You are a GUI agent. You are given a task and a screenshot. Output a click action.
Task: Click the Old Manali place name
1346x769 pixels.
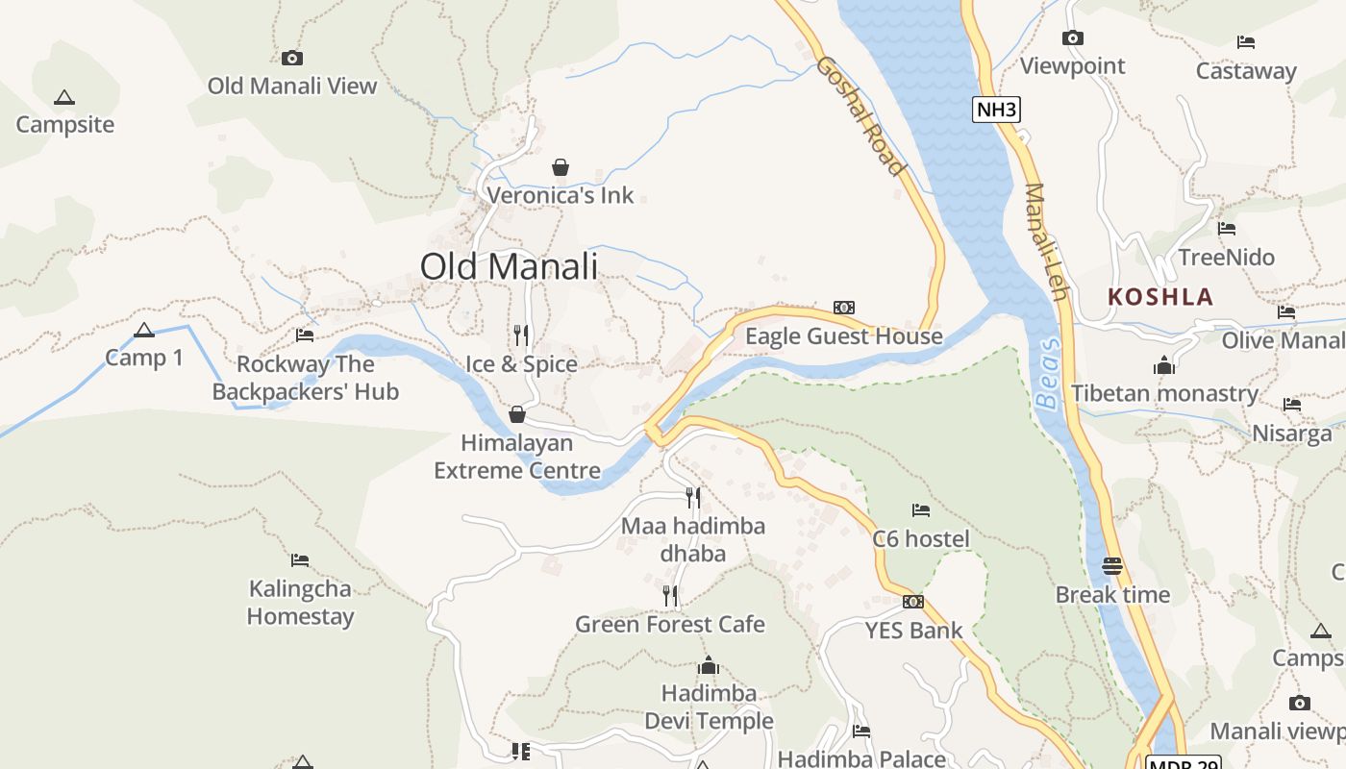point(509,266)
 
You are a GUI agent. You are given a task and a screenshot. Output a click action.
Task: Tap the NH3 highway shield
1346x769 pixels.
point(995,110)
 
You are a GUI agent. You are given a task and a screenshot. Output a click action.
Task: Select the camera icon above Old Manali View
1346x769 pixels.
point(292,58)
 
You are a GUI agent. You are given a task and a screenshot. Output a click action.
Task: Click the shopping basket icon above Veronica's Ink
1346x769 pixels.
point(561,167)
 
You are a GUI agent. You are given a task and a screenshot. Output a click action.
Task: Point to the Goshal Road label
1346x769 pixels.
point(860,116)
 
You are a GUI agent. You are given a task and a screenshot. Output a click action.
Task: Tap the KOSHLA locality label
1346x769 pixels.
point(1160,296)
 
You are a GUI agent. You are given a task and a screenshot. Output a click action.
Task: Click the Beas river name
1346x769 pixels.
point(1049,374)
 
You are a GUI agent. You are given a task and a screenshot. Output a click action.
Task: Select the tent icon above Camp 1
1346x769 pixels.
point(144,331)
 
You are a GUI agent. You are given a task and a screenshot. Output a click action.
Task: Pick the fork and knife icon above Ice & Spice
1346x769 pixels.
point(521,335)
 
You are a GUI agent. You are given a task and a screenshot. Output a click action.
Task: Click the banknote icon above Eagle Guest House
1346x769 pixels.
point(844,308)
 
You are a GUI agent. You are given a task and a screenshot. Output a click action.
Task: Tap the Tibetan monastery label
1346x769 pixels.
point(1165,393)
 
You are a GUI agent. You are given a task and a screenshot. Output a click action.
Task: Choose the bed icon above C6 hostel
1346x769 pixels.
point(921,509)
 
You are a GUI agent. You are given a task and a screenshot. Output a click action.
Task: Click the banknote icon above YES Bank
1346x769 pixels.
point(913,602)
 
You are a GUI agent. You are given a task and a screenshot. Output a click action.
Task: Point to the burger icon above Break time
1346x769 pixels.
point(1112,565)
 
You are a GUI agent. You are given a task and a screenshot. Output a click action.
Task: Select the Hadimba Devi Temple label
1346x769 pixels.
point(709,707)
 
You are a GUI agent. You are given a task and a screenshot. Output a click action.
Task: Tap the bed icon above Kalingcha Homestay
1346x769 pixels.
point(300,559)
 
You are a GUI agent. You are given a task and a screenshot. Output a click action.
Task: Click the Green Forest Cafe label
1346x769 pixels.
point(670,624)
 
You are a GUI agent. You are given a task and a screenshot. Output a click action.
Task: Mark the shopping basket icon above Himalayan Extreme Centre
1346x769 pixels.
point(517,414)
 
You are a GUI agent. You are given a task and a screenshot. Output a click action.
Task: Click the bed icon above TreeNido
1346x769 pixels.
point(1227,229)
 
